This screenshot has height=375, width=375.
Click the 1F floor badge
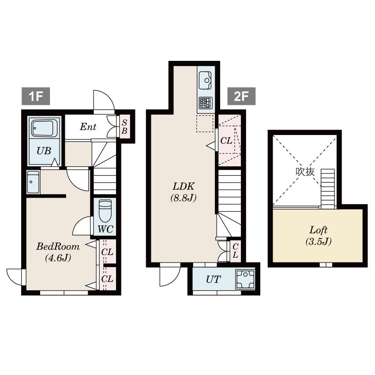point(36,96)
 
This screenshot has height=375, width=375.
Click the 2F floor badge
point(241,96)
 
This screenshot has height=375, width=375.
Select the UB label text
point(44,151)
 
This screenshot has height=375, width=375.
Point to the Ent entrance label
point(88,127)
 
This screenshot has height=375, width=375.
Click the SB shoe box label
point(124,127)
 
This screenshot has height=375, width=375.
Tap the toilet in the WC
point(105,211)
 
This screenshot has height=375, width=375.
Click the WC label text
point(105,229)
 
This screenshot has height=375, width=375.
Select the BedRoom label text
point(58,246)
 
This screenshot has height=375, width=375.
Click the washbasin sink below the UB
point(33,182)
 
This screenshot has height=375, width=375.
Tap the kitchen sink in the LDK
point(205,80)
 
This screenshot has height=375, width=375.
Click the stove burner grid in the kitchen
point(206,103)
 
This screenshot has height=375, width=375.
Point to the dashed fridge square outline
point(204,124)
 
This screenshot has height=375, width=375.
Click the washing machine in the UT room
point(245,279)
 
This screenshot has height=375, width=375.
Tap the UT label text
point(213,279)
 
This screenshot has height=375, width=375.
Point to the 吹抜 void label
point(305,172)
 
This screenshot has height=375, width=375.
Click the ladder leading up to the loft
point(328,189)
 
